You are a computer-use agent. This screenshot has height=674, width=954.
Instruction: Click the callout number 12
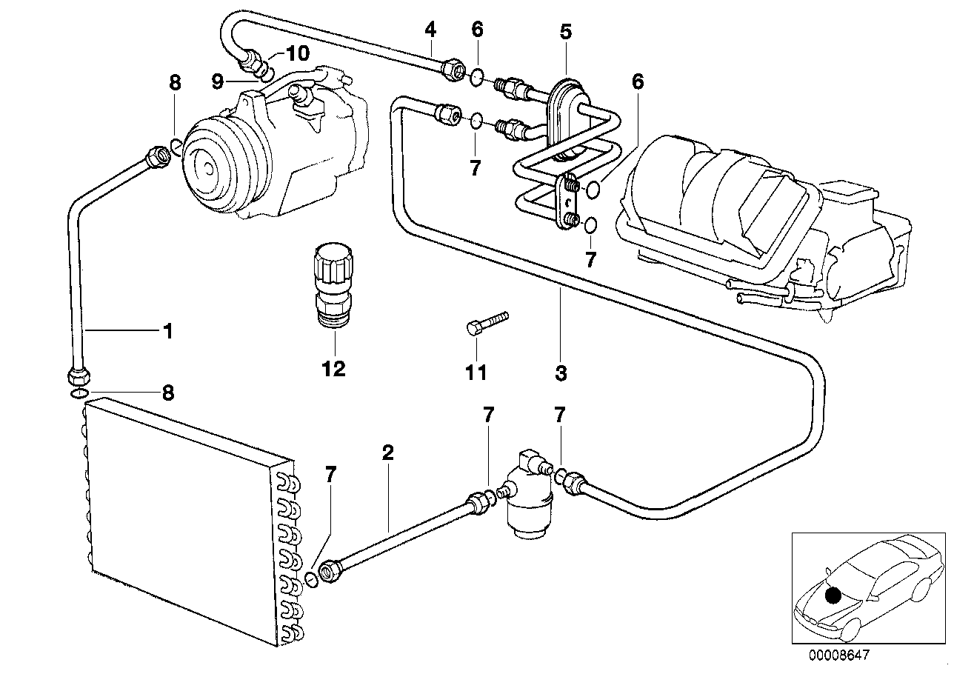333,368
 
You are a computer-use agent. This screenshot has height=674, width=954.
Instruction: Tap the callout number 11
476,373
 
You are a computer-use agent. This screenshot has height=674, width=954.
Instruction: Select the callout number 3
561,373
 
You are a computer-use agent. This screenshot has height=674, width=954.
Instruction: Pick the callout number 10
297,53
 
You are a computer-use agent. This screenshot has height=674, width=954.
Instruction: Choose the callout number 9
218,81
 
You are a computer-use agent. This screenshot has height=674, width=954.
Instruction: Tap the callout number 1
168,331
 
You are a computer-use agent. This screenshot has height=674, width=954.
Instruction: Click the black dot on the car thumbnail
833,595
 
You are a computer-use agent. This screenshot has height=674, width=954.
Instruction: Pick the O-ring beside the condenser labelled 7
312,580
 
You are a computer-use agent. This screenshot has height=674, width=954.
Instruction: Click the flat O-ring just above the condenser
80,394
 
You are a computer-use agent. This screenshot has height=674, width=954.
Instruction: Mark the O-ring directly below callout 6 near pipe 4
477,77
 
